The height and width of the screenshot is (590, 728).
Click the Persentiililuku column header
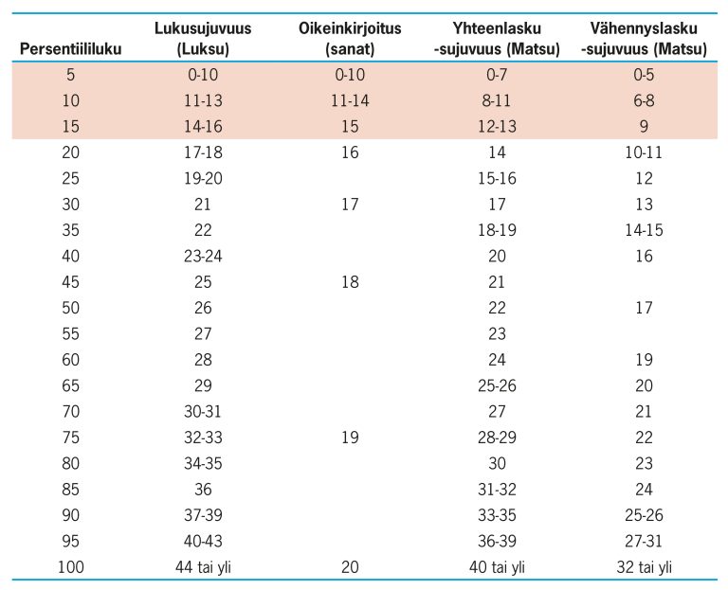(70, 48)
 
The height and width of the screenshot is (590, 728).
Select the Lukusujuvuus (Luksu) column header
(203, 39)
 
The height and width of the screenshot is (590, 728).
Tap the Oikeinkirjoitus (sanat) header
(350, 39)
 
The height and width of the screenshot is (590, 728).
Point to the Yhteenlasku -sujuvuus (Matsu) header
(497, 39)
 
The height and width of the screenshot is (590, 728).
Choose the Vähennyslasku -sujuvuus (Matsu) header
(644, 39)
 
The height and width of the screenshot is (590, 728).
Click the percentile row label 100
(70, 567)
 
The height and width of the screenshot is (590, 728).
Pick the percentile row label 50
(70, 308)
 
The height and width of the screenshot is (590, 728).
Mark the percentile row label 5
(70, 74)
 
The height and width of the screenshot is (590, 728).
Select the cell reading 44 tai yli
(203, 567)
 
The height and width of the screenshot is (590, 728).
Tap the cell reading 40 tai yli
(497, 567)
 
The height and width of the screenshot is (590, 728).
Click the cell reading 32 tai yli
(644, 567)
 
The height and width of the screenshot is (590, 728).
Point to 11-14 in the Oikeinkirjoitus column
(350, 100)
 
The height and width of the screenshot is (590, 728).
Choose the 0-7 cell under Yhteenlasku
(497, 74)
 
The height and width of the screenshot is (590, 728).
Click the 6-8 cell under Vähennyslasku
(644, 100)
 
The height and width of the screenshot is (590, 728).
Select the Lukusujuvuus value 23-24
(203, 256)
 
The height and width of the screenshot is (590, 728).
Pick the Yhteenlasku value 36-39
(497, 541)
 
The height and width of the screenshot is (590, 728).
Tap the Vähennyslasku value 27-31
(644, 541)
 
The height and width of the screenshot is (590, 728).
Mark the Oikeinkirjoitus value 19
(350, 437)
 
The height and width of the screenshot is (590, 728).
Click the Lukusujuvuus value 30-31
(203, 411)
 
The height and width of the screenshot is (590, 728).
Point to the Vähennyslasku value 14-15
(644, 229)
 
